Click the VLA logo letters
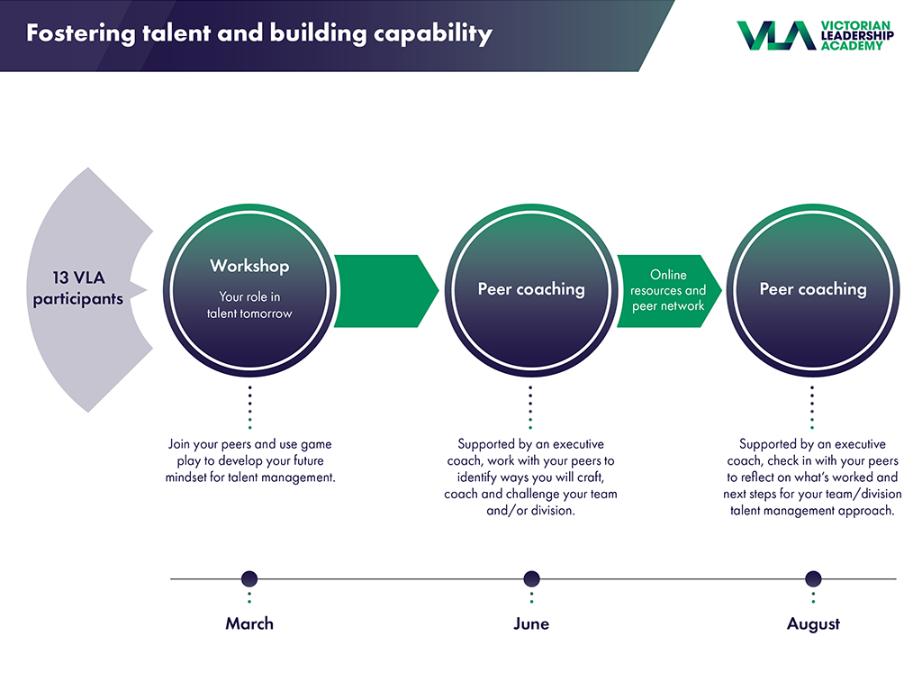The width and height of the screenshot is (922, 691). click(x=776, y=35)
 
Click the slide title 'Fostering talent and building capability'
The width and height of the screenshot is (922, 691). click(x=259, y=33)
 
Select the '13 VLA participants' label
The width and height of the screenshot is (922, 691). click(x=78, y=287)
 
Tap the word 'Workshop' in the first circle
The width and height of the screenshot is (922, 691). click(x=249, y=266)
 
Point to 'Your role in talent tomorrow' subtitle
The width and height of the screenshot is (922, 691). click(x=249, y=305)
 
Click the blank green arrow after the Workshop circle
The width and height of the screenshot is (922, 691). click(x=386, y=291)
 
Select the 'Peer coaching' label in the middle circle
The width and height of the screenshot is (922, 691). click(x=531, y=289)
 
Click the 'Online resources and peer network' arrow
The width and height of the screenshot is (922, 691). click(x=669, y=291)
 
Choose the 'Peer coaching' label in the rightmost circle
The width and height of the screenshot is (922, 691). click(x=813, y=289)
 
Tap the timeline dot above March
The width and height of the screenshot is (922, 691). click(x=249, y=578)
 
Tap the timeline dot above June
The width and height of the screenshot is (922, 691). click(x=531, y=578)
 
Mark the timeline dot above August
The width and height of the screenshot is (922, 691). click(x=813, y=578)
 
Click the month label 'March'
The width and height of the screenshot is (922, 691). click(x=249, y=623)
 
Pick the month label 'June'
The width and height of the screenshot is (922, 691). click(x=531, y=623)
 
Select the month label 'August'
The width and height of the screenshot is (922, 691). click(x=813, y=624)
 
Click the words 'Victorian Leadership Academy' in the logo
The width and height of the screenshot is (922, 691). click(x=857, y=36)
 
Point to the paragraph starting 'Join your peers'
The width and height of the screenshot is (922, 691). click(x=250, y=461)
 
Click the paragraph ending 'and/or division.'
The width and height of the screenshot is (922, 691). click(x=530, y=477)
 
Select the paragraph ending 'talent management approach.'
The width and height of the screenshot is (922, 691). click(x=812, y=477)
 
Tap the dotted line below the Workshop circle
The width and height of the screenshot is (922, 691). click(x=250, y=407)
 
